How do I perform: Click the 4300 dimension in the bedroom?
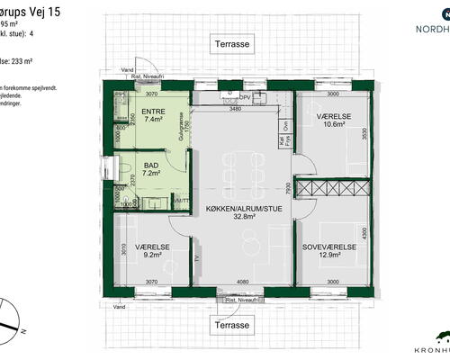(364, 232)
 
